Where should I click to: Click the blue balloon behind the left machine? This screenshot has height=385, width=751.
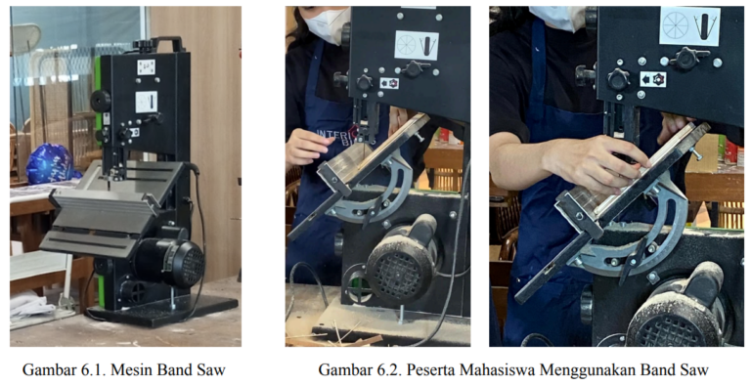click(x=49, y=164)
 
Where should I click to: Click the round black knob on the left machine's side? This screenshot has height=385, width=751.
click(x=101, y=101)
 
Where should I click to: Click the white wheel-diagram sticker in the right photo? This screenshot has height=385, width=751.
click(x=689, y=26)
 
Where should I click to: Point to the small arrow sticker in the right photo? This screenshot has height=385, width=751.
click(x=653, y=79)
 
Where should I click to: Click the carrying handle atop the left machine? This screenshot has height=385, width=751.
click(x=167, y=43)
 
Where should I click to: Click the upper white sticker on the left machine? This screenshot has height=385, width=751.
click(x=146, y=67)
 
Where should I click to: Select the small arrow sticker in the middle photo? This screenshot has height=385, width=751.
click(x=389, y=83)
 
